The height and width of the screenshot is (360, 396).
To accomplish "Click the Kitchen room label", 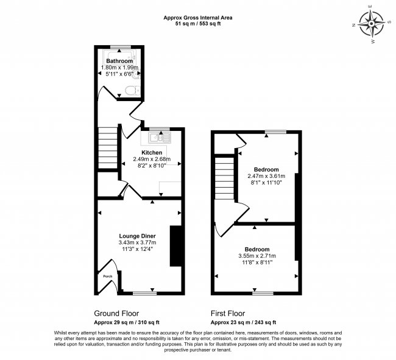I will point(152,152).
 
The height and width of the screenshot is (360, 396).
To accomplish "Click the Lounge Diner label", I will point(137,236).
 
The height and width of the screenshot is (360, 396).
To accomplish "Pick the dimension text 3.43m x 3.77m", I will point(137,242).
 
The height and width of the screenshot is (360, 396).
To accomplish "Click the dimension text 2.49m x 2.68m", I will point(152,159).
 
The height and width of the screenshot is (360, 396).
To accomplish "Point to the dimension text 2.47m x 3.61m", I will point(266,176).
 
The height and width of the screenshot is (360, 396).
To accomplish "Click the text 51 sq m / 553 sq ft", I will point(199,24).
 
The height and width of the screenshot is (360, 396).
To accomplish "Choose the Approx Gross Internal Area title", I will point(199,18).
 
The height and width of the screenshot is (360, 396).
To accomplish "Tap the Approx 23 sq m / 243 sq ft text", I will point(243,322).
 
